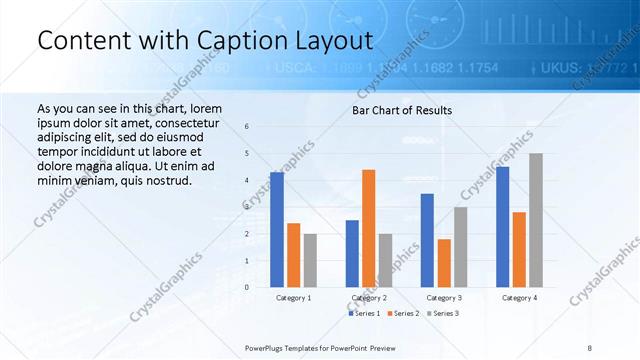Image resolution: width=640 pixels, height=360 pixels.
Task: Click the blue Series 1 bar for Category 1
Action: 277,230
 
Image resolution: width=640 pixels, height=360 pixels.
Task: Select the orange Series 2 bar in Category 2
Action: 369,228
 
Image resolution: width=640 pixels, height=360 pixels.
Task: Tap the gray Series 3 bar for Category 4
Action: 536,220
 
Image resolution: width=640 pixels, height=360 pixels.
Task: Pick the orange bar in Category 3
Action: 444,263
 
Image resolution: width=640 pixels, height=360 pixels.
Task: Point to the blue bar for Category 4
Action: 502,227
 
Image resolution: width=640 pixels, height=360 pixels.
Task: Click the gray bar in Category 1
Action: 311,260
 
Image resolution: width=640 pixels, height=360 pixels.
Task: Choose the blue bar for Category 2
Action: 352,253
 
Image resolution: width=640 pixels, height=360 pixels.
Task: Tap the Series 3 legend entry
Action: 444,314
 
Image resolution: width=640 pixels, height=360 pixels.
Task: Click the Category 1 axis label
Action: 294,298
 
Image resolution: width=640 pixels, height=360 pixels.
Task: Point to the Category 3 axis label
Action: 444,298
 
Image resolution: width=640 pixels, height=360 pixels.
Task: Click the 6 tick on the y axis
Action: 247,126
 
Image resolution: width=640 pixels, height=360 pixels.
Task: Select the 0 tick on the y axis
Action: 247,287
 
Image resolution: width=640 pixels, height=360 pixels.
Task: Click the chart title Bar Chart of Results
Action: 402,110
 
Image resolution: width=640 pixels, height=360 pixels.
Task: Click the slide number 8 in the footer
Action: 589,346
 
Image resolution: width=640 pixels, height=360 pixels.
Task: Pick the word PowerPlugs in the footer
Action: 267,346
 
